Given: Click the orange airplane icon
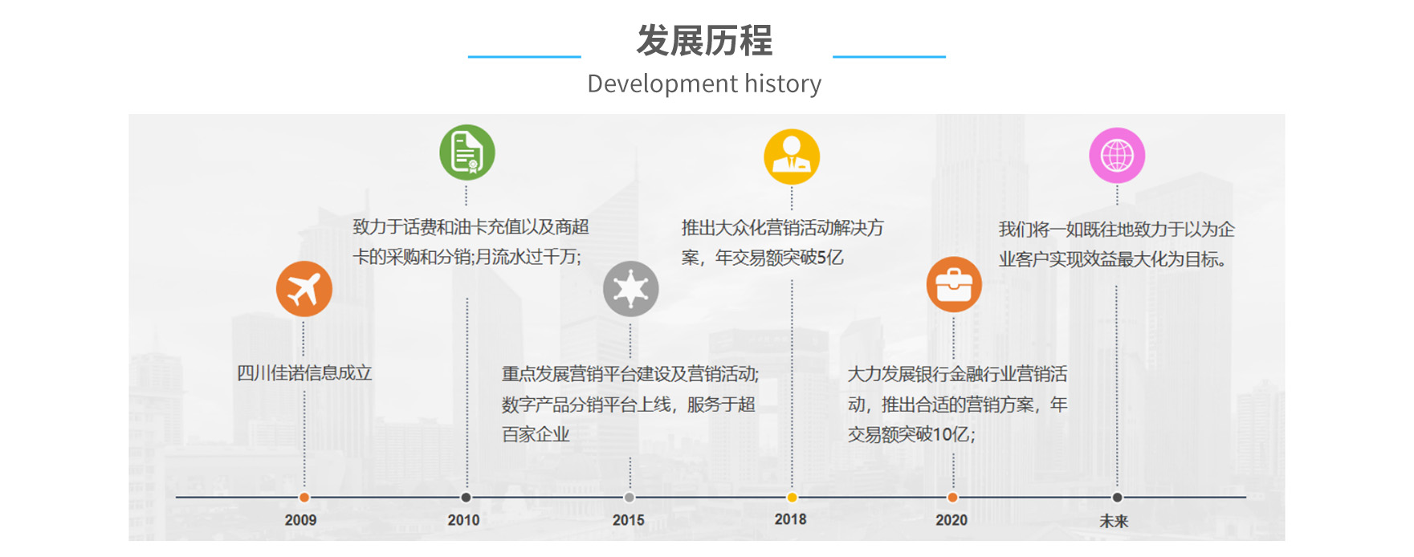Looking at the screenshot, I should point(304,289).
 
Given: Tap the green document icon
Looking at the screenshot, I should point(467,152).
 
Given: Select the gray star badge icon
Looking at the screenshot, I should point(630,289).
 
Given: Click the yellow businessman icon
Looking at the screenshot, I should point(792,157).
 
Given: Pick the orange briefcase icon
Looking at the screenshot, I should point(954,285).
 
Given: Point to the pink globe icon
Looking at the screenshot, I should point(1117,155).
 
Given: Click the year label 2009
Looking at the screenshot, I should point(300,520).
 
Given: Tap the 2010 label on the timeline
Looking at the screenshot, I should point(463,520).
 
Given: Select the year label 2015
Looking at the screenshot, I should point(628,520).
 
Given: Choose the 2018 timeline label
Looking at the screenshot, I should point(790,519).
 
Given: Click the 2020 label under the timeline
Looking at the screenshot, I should point(951,520).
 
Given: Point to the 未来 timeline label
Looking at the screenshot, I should point(1114,521).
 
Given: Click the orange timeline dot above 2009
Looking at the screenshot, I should point(304,498).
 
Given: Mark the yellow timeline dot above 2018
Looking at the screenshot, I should point(792,498).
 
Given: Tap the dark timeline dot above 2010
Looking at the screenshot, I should point(466,498).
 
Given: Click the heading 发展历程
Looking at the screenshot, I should point(704,41).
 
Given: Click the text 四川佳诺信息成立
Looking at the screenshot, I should point(304,373).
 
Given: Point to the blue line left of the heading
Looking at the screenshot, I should point(524,57).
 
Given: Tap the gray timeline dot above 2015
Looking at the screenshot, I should point(630,498).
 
